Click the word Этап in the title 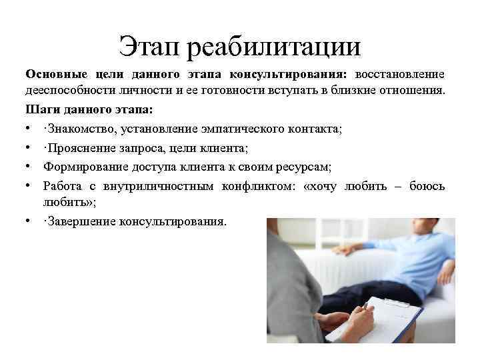click(x=150, y=45)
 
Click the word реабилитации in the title click(x=273, y=47)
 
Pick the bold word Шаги click(x=40, y=108)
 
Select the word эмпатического click(x=254, y=128)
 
